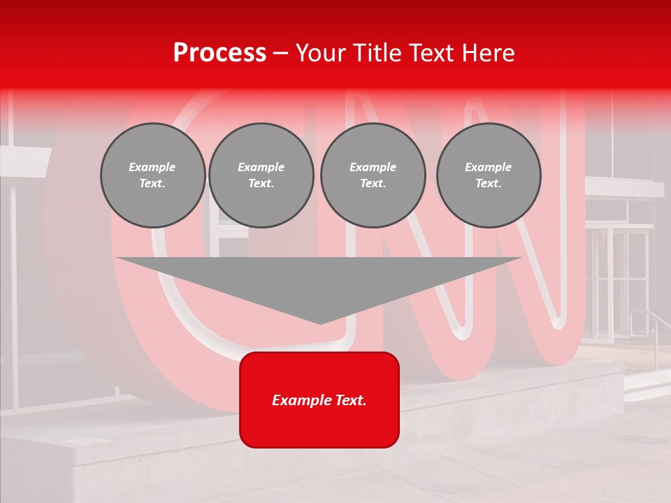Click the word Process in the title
click(x=219, y=53)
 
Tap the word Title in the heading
click(x=378, y=53)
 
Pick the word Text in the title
click(x=431, y=53)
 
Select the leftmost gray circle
click(x=153, y=175)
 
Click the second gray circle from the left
click(x=261, y=175)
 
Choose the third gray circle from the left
click(x=373, y=175)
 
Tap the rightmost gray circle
click(x=489, y=175)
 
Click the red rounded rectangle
click(x=319, y=400)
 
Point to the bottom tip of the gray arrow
click(x=320, y=323)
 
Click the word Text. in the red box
click(x=349, y=400)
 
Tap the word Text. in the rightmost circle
click(x=489, y=184)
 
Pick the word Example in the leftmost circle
click(x=152, y=167)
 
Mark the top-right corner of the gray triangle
click(x=521, y=258)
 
